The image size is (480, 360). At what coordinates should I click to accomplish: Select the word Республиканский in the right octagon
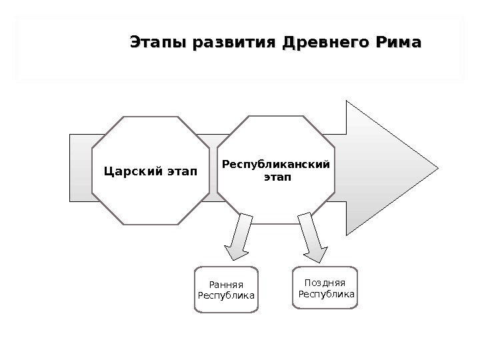(275, 163)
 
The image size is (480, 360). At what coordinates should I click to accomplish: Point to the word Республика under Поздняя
(327, 293)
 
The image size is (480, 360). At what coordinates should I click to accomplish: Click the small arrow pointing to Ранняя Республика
(239, 237)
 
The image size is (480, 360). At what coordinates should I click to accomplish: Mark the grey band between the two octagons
(212, 167)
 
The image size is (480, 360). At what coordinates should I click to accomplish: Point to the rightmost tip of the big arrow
(437, 167)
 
